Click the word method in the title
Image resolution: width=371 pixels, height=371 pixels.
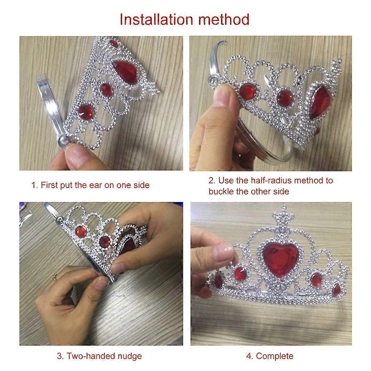tap(224, 19)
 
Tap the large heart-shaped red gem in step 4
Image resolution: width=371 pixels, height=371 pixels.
tap(280, 260)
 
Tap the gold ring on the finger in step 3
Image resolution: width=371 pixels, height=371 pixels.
tap(55, 277)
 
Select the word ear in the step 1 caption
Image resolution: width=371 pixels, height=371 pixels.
tap(96, 185)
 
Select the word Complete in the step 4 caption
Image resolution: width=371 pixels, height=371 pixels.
tap(275, 356)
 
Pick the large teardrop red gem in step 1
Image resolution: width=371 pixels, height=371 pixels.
tap(125, 71)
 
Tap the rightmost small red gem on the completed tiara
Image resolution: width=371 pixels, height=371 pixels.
tap(336, 290)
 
